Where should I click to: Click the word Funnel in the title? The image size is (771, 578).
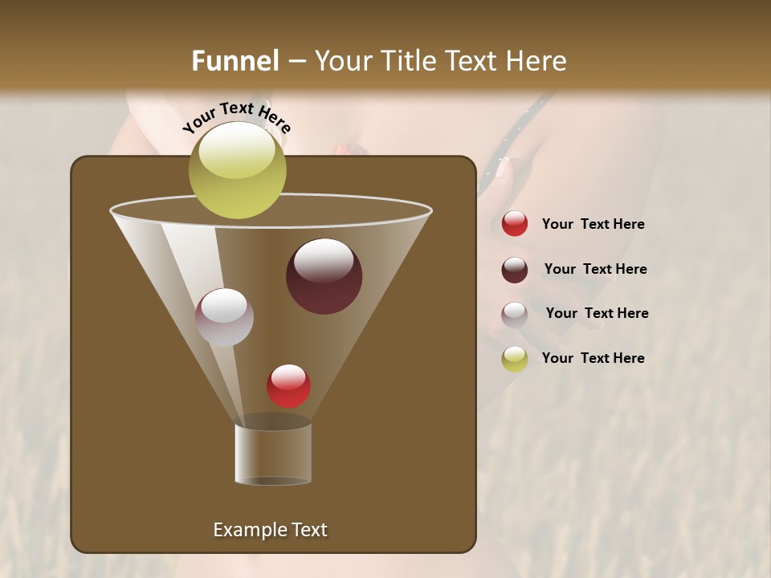point(235,61)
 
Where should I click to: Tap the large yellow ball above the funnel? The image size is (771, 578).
point(237,170)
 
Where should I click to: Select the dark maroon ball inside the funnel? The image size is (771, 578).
point(324,276)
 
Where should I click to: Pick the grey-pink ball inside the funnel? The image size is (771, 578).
point(224,317)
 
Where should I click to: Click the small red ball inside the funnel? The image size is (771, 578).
point(288,386)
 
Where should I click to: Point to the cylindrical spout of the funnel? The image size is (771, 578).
point(273,454)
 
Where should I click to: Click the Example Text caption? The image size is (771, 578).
point(270,530)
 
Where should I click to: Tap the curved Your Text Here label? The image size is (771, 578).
point(237,117)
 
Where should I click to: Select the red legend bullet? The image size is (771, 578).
point(515,224)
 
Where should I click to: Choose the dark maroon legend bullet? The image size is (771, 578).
point(515,270)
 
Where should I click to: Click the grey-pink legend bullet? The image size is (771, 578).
point(515,315)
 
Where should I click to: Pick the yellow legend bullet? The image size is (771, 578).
point(515,359)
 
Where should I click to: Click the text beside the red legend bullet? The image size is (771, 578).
point(593,225)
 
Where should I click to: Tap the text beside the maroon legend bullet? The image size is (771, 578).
point(595,270)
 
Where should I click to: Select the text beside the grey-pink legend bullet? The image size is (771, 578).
point(597,314)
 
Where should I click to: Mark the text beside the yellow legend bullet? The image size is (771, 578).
point(593,358)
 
